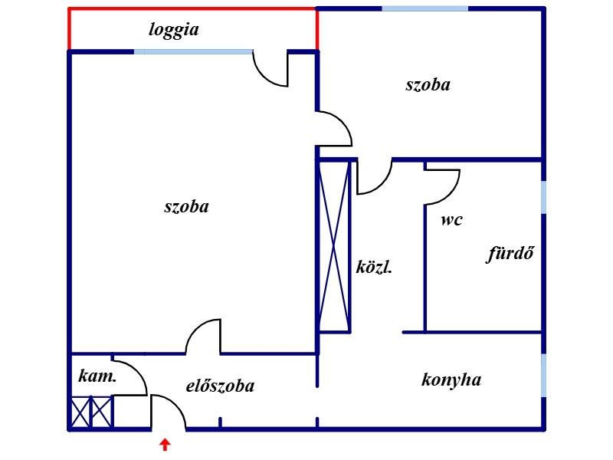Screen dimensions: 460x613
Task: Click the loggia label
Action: [x=174, y=31]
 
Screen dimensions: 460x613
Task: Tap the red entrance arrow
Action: [x=164, y=444]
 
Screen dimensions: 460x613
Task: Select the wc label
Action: [x=451, y=221]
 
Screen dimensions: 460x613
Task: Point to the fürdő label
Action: [x=510, y=253]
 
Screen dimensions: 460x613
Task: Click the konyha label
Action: [x=451, y=379]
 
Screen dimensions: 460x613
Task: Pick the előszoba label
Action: [x=220, y=386]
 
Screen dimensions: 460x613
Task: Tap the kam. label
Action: [x=97, y=376]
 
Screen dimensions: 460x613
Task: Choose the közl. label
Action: [x=375, y=268]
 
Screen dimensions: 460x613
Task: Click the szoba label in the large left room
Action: [x=186, y=206]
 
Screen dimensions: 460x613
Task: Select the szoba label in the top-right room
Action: [x=428, y=84]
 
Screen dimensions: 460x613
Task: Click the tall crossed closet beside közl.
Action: [x=335, y=245]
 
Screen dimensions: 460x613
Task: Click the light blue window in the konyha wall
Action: [x=543, y=375]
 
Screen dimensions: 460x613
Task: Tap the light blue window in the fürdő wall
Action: [x=543, y=197]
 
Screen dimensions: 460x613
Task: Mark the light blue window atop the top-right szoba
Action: [x=425, y=8]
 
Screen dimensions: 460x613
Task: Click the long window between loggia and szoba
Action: [x=194, y=51]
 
